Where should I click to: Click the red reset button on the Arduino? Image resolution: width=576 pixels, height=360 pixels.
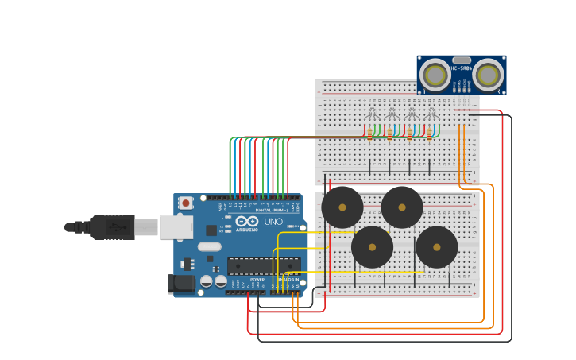186,203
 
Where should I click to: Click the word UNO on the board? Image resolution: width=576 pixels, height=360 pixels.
273,222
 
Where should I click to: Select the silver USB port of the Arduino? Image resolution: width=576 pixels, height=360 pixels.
176,227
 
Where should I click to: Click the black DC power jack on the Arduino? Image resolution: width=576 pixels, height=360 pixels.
181,283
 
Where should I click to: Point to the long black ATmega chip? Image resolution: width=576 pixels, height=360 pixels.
264,266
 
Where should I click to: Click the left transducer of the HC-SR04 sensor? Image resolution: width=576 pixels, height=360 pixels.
435,75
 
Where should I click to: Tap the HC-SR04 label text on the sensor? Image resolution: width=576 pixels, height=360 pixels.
462,68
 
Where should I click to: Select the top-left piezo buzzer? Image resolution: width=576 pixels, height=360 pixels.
342,207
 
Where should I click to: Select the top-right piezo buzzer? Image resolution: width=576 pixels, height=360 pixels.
402,207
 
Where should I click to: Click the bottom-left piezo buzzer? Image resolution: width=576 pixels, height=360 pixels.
372,247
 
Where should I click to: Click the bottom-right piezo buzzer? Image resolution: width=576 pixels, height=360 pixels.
437,247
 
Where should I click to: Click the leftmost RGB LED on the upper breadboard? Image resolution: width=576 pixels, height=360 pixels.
371,114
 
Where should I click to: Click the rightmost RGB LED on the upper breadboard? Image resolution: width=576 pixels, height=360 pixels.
431,114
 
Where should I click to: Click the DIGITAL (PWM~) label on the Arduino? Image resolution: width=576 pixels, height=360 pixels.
270,210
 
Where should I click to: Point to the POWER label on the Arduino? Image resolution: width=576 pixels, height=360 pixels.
257,280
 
